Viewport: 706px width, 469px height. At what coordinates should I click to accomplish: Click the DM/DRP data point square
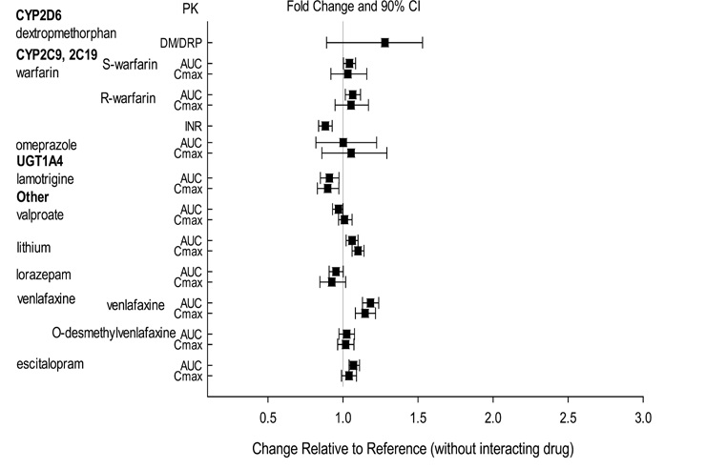click(x=384, y=42)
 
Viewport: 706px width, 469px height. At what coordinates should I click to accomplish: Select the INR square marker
click(x=325, y=126)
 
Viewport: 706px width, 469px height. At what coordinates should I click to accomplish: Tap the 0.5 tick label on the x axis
click(x=268, y=417)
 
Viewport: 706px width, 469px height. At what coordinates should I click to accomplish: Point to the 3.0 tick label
click(x=644, y=417)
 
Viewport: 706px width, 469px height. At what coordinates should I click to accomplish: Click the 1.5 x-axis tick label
click(x=418, y=417)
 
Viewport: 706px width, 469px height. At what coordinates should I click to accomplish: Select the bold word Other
click(x=32, y=196)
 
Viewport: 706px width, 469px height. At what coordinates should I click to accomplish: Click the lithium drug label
click(x=33, y=248)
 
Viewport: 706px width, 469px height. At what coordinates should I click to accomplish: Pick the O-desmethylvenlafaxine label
click(x=114, y=333)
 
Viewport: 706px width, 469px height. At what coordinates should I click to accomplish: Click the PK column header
click(x=190, y=9)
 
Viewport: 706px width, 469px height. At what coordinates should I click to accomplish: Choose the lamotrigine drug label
click(x=45, y=179)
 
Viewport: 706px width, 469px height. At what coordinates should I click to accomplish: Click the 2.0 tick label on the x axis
click(x=493, y=417)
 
